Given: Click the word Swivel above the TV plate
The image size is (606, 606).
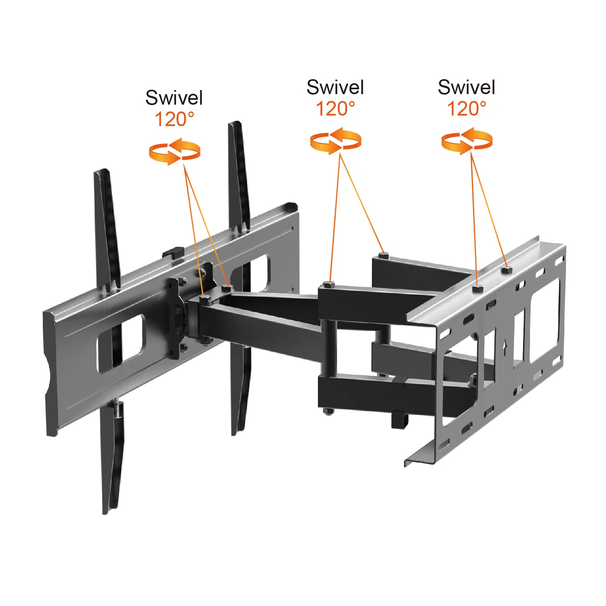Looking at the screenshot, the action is coord(174,98).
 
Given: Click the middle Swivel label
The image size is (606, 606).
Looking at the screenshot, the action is coord(335,87).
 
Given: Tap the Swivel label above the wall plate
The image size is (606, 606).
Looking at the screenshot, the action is coord(467,87).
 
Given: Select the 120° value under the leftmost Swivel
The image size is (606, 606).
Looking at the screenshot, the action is coord(175,119).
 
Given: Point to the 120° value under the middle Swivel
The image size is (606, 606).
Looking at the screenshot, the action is coord(335,109).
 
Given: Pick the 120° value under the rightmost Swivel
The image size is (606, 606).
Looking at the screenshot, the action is coord(467,109).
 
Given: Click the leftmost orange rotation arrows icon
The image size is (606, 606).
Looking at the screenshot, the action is coord(175,151).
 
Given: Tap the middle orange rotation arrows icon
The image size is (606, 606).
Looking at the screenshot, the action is coord(335,141).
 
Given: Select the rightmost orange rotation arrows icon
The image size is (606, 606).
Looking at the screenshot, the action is coord(467,141).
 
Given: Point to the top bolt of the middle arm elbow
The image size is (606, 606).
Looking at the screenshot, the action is coord(329,284).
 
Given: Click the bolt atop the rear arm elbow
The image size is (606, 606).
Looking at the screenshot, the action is coord(383,255).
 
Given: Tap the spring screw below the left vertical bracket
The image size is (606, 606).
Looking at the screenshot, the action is coord(117,409).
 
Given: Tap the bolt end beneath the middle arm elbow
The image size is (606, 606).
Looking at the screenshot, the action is coord(328,412).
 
